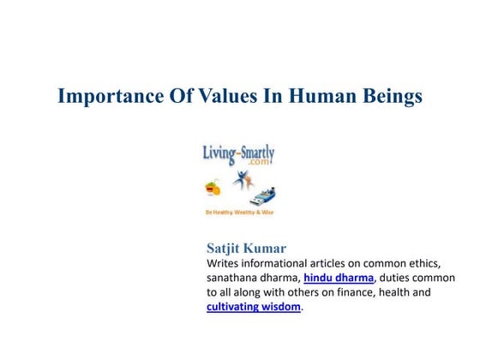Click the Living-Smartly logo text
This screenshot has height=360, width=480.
238,153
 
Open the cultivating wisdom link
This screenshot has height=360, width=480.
254,307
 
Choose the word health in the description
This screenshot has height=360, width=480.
392,293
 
